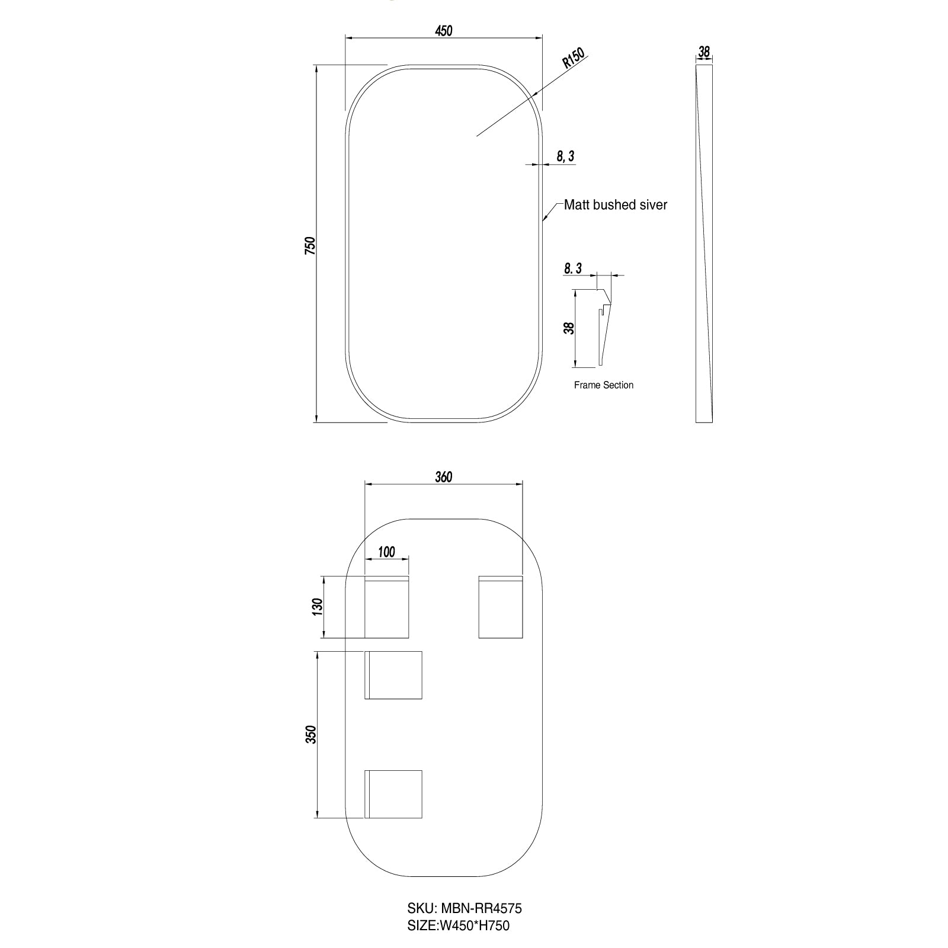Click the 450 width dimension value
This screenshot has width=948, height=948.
pyautogui.click(x=443, y=31)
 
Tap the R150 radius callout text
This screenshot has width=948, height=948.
pyautogui.click(x=574, y=59)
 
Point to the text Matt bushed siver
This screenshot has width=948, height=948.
pyautogui.click(x=616, y=205)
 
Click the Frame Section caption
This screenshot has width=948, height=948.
pyautogui.click(x=604, y=385)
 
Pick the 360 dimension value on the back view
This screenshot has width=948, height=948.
pyautogui.click(x=443, y=477)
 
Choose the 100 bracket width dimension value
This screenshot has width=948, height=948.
pyautogui.click(x=386, y=552)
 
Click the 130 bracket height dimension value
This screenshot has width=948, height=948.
pyautogui.click(x=317, y=607)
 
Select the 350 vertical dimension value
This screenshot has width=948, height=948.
pyautogui.click(x=312, y=735)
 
